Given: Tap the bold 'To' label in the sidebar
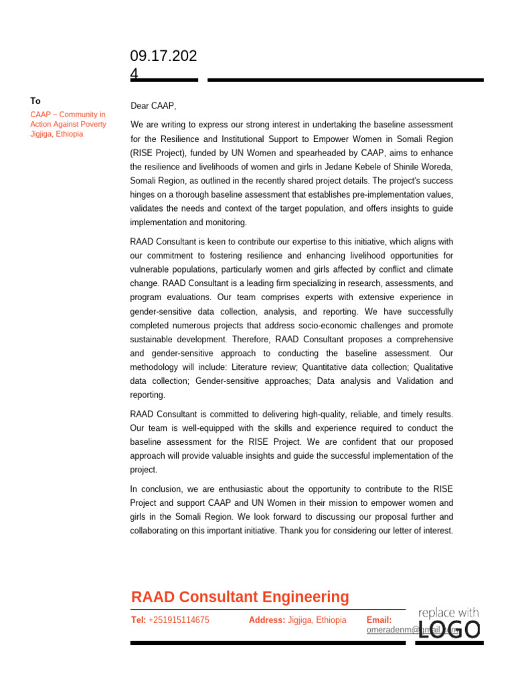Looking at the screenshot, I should click(35, 100).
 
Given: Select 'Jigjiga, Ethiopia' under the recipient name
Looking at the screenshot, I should click(57, 134).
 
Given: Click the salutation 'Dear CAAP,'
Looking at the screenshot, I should click(153, 106).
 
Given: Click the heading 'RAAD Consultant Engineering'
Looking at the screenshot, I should click(240, 597).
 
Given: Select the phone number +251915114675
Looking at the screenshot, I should click(179, 620).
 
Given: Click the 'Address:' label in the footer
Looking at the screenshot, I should click(266, 620).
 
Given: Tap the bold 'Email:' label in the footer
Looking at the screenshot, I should click(379, 620).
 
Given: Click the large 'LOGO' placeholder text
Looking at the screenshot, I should click(449, 630).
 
